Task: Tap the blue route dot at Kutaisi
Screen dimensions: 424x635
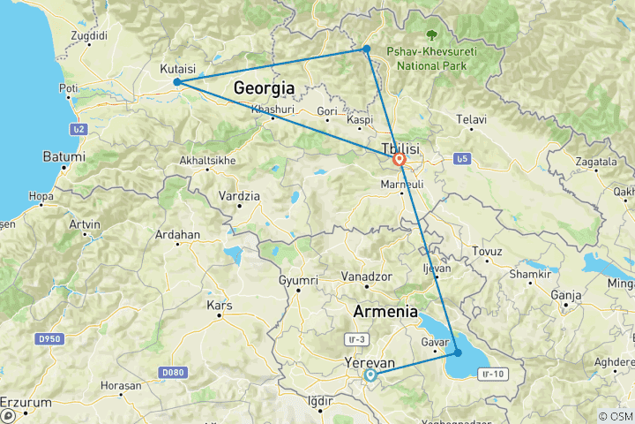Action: [177, 82]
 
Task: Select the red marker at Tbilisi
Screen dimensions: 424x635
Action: [400, 160]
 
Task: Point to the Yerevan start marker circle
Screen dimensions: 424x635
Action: [370, 375]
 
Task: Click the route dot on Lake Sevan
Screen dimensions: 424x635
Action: [457, 352]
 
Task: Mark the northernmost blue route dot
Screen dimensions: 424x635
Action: [366, 49]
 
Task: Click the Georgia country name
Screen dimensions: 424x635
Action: [264, 87]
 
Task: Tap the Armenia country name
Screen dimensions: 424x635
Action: [385, 311]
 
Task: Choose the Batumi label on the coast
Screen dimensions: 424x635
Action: [64, 156]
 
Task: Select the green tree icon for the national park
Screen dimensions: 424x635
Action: [431, 35]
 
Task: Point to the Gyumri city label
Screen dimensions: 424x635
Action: [297, 280]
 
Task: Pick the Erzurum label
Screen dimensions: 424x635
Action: [26, 402]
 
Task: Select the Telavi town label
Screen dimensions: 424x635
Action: [472, 118]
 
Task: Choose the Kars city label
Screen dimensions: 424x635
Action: [219, 306]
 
